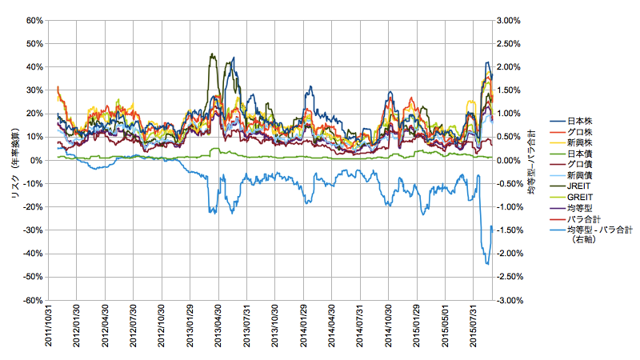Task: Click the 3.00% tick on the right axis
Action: (510, 20)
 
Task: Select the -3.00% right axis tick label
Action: (512, 301)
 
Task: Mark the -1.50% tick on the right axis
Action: (512, 230)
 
